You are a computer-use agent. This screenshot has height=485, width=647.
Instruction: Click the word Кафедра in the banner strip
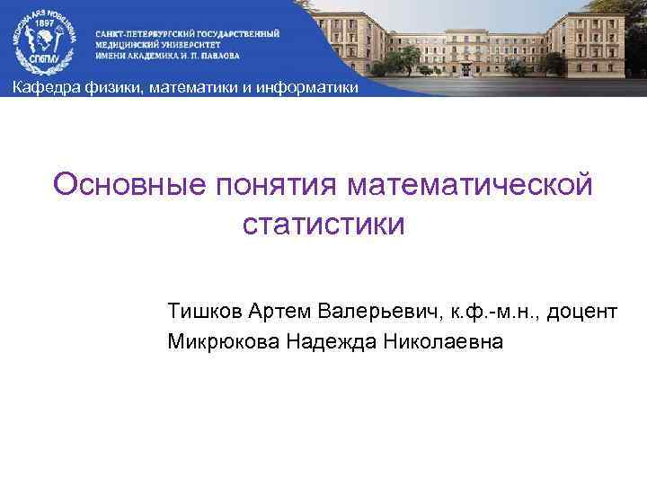tap(38, 88)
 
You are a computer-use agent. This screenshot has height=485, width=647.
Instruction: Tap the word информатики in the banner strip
tap(315, 88)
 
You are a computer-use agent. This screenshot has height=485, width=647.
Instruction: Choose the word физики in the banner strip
tap(98, 88)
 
